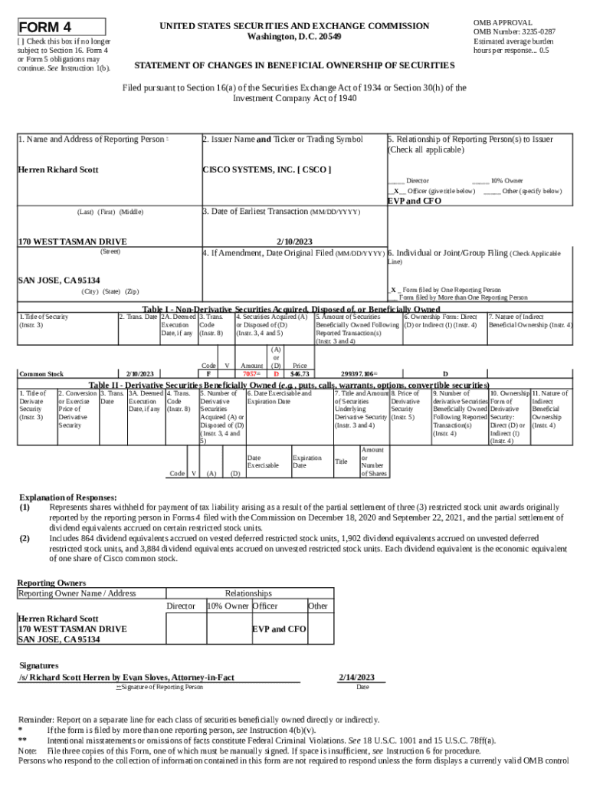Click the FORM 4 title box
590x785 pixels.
[61, 27]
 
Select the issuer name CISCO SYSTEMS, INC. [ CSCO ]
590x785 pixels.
[266, 169]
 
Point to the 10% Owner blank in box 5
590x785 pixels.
[480, 180]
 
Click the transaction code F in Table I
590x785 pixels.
[208, 373]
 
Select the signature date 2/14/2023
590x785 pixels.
[356, 677]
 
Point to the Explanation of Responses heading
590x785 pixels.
[67, 497]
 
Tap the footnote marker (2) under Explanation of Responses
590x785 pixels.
[25, 538]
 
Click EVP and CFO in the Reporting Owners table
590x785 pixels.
[279, 629]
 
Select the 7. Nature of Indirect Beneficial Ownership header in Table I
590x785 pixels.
[529, 320]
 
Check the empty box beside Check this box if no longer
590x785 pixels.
[21, 41]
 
